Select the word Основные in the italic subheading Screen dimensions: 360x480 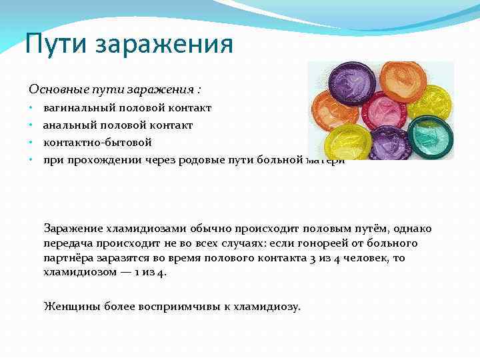point(53,89)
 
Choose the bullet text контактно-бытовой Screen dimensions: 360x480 point(97,142)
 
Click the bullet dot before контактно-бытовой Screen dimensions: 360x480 point(31,143)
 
